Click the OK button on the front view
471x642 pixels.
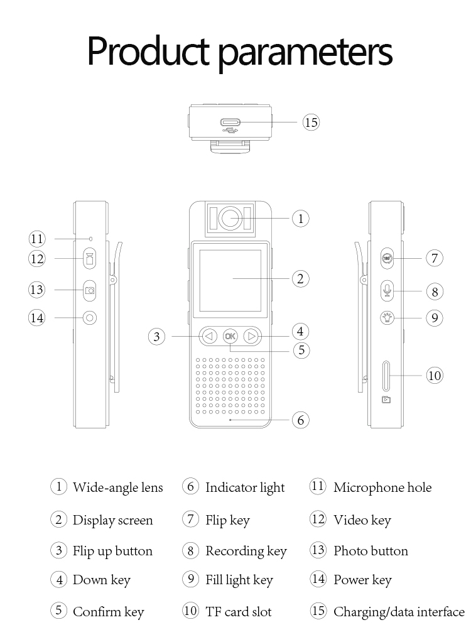point(230,336)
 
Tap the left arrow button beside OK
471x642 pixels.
point(209,336)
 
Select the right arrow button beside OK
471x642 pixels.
point(252,336)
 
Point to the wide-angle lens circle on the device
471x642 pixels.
point(230,219)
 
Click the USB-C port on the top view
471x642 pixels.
point(230,122)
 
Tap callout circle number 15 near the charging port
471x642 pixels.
point(311,122)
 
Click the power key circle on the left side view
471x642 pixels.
point(90,318)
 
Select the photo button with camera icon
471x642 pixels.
point(90,290)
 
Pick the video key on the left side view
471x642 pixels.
point(90,258)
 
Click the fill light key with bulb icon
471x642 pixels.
point(387,317)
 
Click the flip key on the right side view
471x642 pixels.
point(387,258)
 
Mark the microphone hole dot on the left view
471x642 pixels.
point(90,239)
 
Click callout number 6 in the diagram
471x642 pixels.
point(301,420)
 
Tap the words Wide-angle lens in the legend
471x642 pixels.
point(117,487)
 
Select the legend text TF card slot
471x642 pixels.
point(238,611)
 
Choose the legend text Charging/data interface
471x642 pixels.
point(399,611)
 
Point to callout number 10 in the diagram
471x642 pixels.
point(435,376)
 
